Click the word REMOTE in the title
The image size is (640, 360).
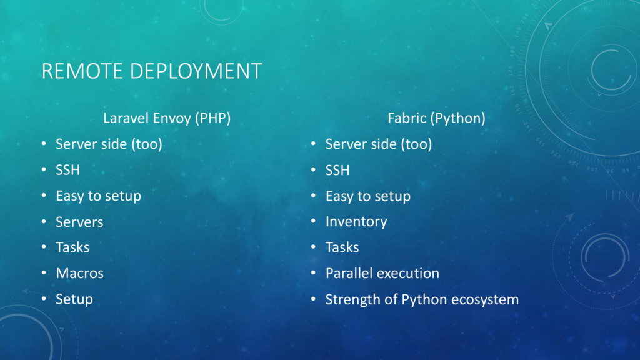click(x=82, y=71)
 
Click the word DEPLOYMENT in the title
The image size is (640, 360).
click(x=196, y=71)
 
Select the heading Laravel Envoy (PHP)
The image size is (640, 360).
click(x=167, y=118)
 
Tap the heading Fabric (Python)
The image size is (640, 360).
click(x=436, y=118)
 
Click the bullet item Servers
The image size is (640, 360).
click(x=79, y=222)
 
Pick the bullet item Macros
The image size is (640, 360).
click(x=79, y=274)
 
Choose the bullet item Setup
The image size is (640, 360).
click(x=74, y=299)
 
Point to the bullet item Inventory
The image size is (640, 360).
click(x=356, y=222)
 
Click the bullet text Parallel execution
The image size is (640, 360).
click(x=382, y=274)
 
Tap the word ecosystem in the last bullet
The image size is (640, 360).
click(x=485, y=300)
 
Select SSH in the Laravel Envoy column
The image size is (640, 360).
click(x=67, y=170)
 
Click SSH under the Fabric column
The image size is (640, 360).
click(x=337, y=170)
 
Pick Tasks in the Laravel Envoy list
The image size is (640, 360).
click(x=72, y=247)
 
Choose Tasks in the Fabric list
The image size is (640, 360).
click(x=342, y=247)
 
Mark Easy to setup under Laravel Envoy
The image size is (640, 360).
click(x=98, y=196)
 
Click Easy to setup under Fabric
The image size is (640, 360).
click(x=368, y=196)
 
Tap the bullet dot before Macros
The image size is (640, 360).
click(x=44, y=272)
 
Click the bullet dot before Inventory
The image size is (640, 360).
click(x=314, y=221)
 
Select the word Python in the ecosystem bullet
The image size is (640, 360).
click(x=424, y=300)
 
